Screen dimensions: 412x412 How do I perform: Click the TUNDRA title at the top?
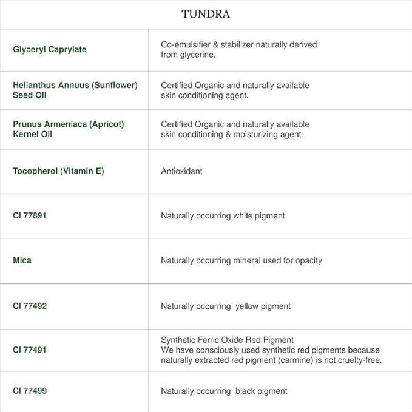click(x=206, y=14)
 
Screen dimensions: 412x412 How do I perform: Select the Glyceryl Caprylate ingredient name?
click(x=49, y=49)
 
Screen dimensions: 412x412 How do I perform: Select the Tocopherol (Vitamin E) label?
click(x=58, y=171)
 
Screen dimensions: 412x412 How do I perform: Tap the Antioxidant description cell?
click(x=181, y=171)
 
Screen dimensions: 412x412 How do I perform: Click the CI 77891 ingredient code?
click(x=30, y=215)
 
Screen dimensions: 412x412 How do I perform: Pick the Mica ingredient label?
click(x=22, y=260)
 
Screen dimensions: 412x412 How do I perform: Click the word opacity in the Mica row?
click(x=308, y=260)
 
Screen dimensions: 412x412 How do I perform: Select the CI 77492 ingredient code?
click(x=30, y=306)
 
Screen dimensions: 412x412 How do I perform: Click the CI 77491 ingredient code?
click(x=30, y=350)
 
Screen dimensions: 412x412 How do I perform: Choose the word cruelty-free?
click(x=359, y=360)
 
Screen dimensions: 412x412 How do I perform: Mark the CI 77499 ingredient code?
click(x=30, y=391)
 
